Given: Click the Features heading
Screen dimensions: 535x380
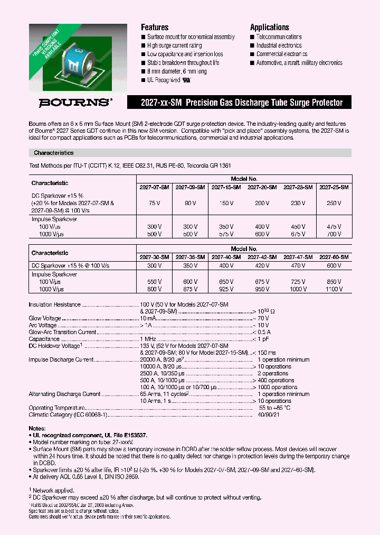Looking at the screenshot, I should coord(155,27).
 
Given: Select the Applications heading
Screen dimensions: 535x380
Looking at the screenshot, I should coord(269,27).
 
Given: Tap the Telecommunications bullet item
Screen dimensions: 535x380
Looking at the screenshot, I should coord(279,37).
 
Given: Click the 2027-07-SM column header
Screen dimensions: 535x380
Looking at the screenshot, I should coord(154,187).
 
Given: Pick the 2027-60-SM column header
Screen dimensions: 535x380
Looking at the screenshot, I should coord(334,257).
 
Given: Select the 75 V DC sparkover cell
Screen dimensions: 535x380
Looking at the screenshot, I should coord(155,202).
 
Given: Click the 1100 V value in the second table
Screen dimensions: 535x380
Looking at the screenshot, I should coord(334,289).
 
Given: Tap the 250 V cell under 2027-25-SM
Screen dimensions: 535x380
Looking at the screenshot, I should coord(334,202).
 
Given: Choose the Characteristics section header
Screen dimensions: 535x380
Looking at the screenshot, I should coord(54,153).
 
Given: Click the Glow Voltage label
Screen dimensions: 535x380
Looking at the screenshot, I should coord(45,318).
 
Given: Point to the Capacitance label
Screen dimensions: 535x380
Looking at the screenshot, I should coord(44,339).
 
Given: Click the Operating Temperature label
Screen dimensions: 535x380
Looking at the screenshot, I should coord(56,408).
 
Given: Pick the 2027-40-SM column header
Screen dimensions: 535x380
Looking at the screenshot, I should coord(226,257).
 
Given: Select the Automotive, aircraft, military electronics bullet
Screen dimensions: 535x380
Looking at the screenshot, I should coord(299,62).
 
